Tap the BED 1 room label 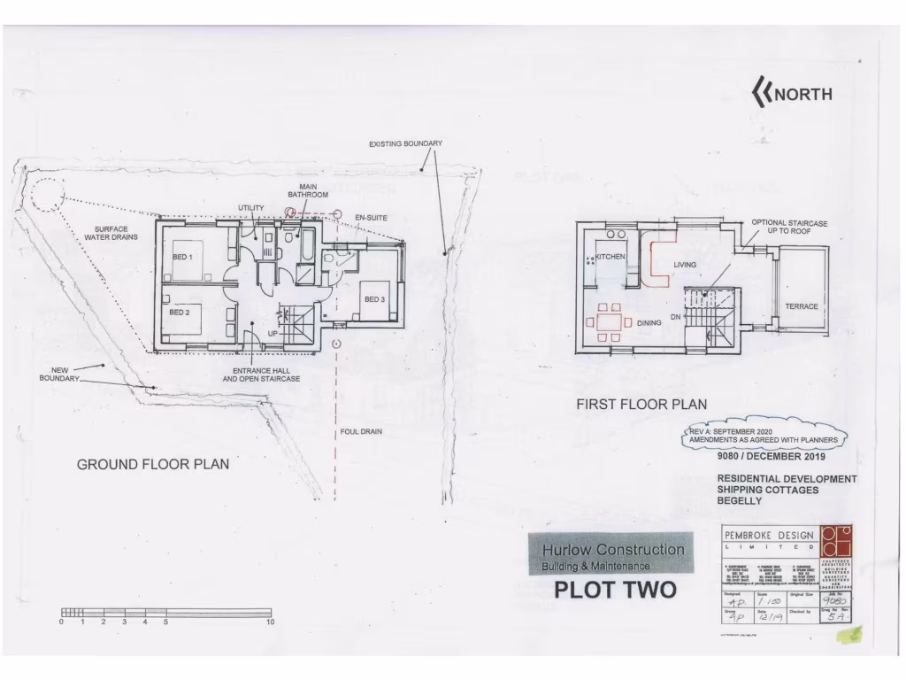pos(183,257)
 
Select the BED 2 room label pos(180,313)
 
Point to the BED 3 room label pos(374,300)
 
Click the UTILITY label pos(250,208)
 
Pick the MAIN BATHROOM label pos(308,190)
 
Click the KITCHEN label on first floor pos(610,257)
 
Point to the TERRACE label pos(802,307)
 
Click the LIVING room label pos(685,265)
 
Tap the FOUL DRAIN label pos(361,432)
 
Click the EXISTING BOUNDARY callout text pos(405,143)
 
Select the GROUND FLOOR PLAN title pos(152,464)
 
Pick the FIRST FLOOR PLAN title pos(641,404)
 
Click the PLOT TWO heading pos(615,590)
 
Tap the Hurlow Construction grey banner pos(611,555)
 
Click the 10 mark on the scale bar pos(271,622)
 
